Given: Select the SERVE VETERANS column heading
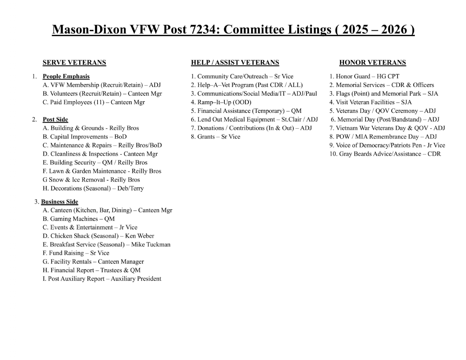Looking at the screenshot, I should [x=74, y=63].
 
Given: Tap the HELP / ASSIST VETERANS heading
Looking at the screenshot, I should [x=235, y=63].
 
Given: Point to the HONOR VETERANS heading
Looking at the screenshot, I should [x=373, y=63].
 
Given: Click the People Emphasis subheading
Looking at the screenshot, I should [x=66, y=76].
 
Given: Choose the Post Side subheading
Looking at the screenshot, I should [x=55, y=120].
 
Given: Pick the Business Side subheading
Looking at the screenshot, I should [x=60, y=202].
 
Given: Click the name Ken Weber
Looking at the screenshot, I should [x=140, y=236].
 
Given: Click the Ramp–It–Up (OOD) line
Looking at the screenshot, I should [x=221, y=102].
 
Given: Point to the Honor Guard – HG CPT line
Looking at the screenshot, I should [x=364, y=76].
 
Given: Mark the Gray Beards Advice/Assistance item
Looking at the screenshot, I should [x=385, y=154].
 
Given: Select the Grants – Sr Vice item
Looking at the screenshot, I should [x=215, y=137].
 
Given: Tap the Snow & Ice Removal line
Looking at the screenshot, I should [x=91, y=180].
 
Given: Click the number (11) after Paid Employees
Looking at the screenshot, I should [x=99, y=102].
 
